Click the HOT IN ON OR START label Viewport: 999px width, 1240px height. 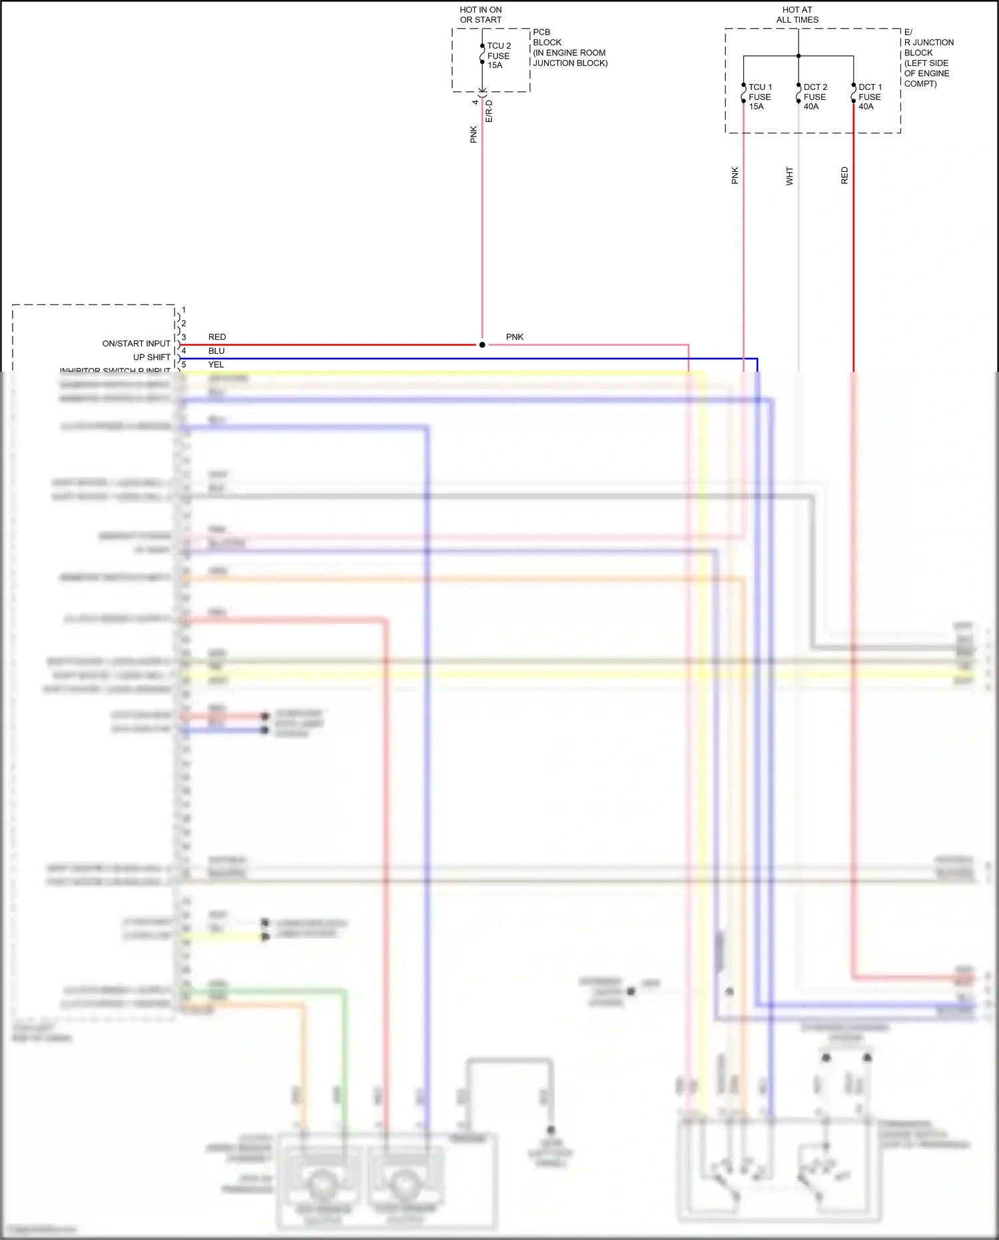(480, 15)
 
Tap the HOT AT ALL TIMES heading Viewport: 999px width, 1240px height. (797, 15)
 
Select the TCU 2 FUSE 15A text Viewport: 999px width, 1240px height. (499, 56)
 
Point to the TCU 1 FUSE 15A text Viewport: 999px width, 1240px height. (760, 97)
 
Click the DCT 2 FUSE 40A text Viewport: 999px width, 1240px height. (815, 97)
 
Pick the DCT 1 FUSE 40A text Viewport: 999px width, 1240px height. (870, 97)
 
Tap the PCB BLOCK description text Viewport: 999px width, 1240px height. (569, 47)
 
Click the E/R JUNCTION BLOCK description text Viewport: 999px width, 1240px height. (928, 58)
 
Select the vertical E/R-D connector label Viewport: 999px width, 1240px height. (489, 111)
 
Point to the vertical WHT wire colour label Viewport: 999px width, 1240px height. (789, 176)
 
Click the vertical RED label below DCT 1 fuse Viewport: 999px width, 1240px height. (844, 176)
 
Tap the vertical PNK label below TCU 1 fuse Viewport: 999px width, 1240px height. (735, 176)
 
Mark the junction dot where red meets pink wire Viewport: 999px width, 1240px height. (482, 344)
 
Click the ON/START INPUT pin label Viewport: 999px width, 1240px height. (136, 344)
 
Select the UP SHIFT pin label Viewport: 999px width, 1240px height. (151, 357)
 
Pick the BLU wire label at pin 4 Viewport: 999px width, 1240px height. (216, 351)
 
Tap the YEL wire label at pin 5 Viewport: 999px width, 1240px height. (216, 364)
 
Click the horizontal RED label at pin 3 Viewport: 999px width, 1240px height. (217, 337)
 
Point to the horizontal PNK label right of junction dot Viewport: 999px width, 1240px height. (515, 337)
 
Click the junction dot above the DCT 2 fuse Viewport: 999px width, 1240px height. (799, 56)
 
